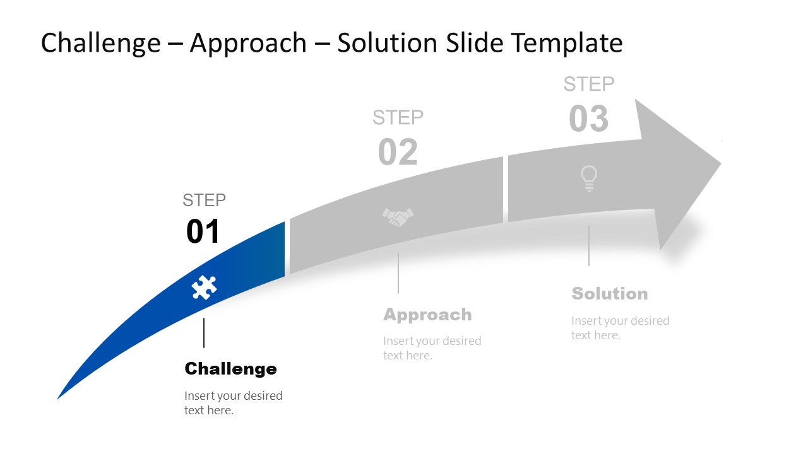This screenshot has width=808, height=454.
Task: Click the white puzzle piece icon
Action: pos(204,288)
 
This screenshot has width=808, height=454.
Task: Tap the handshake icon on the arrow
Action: pos(398,218)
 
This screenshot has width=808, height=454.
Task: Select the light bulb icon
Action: pos(588,178)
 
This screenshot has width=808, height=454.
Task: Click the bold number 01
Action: pos(203,232)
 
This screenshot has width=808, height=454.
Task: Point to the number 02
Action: pos(398,153)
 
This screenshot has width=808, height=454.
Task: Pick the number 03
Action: pos(588,119)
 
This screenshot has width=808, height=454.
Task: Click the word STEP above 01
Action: pos(204,201)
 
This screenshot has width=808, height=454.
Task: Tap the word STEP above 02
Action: pos(398,117)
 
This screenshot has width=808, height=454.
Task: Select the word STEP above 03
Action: pos(588,84)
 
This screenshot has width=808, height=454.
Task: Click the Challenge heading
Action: pos(230,369)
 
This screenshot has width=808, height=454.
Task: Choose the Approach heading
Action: pos(427,315)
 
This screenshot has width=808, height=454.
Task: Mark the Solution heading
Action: pos(609,294)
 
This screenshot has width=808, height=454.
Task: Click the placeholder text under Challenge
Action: pos(233,403)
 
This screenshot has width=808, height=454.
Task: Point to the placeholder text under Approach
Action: pos(432,348)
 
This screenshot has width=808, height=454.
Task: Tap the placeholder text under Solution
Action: pos(620,328)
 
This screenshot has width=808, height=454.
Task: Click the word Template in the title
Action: pos(567,43)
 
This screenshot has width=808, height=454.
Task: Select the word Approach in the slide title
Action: pos(248,43)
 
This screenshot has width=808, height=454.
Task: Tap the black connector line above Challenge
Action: pos(204,333)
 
